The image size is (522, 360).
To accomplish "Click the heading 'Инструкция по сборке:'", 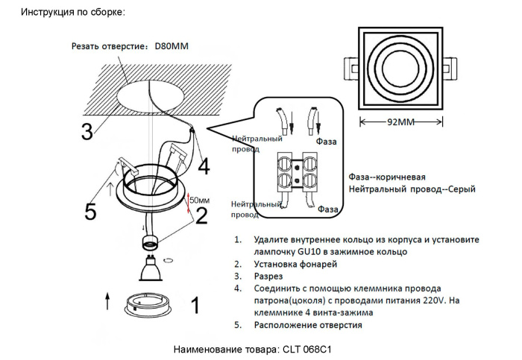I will (x=73, y=13).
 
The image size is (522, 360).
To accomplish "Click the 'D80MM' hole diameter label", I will (x=172, y=46).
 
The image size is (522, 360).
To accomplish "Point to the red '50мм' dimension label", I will (x=199, y=200).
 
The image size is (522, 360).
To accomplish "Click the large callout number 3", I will (x=87, y=131).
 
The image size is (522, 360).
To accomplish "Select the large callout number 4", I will (x=203, y=165).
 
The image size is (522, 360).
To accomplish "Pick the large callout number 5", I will (x=90, y=212).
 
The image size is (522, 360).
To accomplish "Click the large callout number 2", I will (x=201, y=216).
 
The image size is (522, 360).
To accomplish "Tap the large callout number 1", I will (x=195, y=306).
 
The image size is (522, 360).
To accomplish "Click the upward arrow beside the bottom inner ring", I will (x=107, y=301).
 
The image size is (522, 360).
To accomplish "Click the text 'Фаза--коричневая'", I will (x=387, y=177).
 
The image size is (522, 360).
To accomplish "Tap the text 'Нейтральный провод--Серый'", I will (x=412, y=190).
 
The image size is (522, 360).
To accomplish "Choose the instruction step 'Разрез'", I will (x=268, y=277).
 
